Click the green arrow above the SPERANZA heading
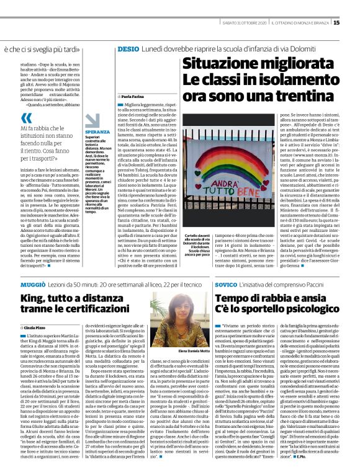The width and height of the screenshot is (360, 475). tap(90, 125)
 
